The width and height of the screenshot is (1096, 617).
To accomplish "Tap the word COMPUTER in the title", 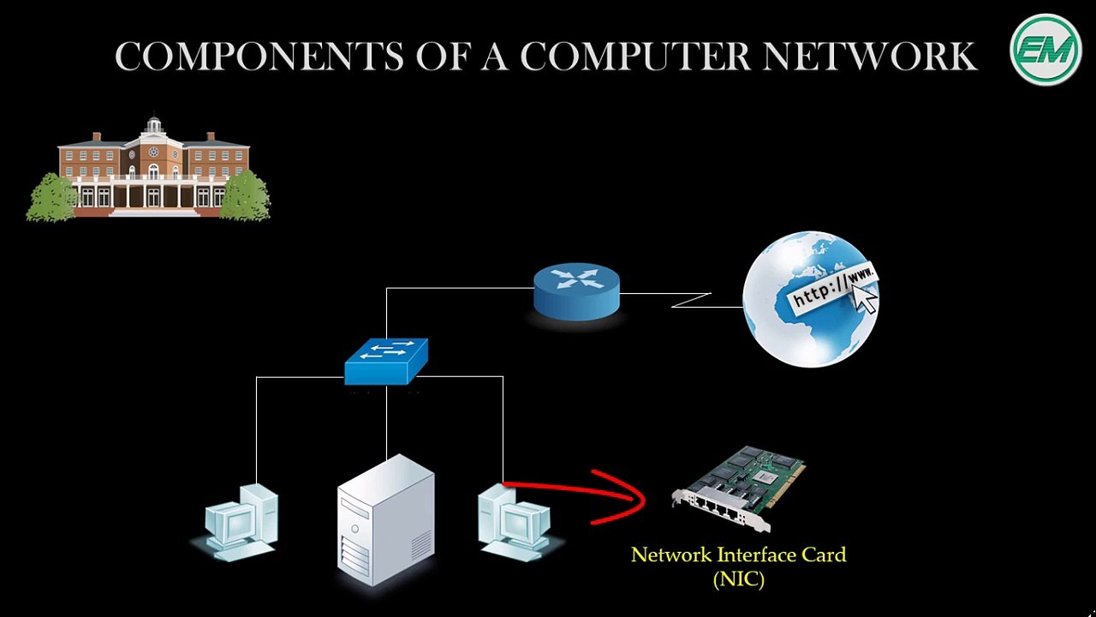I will click(635, 57).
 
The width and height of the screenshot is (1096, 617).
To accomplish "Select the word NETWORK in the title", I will click(869, 57).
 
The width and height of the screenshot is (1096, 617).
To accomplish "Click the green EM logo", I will click(1045, 50).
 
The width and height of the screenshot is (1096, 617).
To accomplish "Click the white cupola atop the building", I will click(154, 126).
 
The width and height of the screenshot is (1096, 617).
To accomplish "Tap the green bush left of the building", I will click(51, 198).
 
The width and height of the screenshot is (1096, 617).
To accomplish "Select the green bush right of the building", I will click(246, 196).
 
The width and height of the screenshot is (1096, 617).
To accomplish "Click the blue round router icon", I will click(576, 291).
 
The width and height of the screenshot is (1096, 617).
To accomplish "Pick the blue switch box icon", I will click(385, 361).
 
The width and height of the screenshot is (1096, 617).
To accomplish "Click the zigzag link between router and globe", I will click(691, 300).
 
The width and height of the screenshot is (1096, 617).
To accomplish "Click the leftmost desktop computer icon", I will click(241, 523).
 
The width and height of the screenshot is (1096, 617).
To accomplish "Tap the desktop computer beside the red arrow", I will click(514, 523).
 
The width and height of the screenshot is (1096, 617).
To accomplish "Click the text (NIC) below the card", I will click(738, 579).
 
